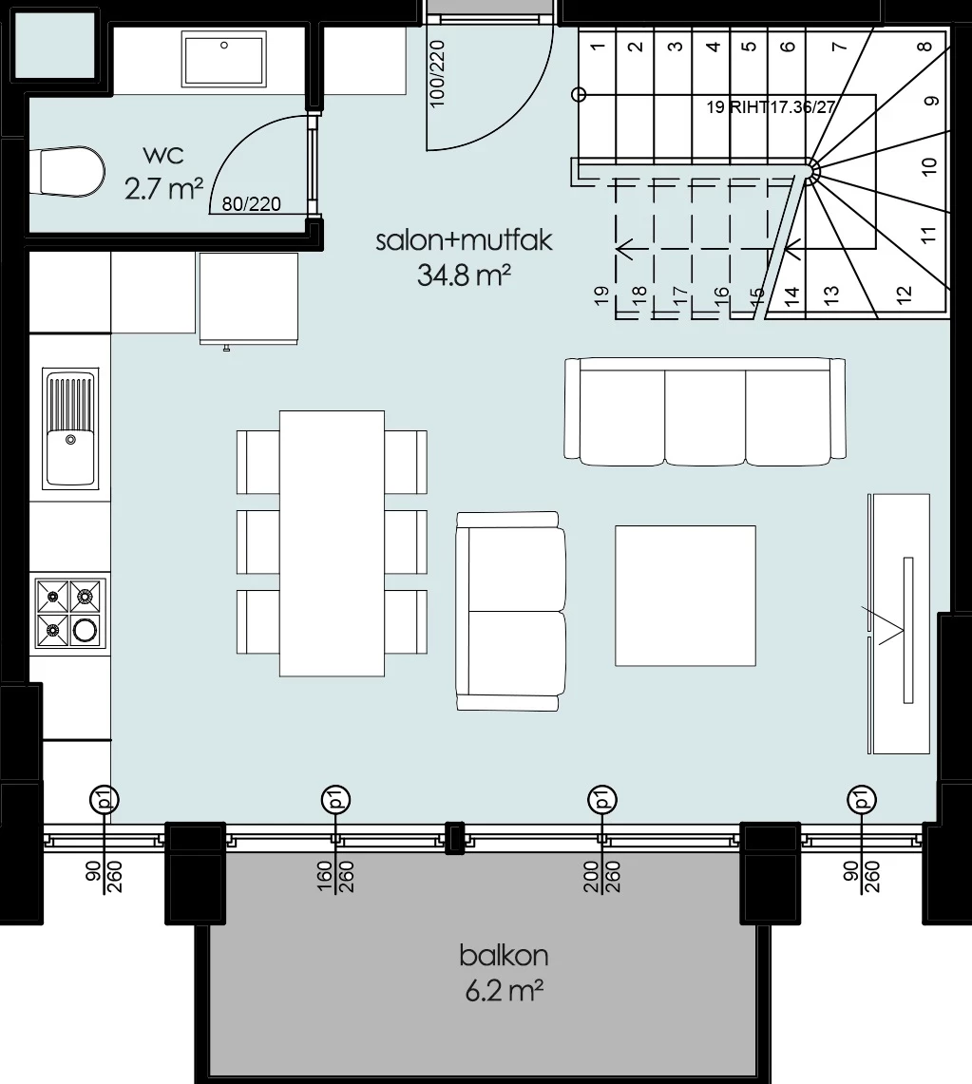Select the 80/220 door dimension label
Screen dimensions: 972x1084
coord(252,204)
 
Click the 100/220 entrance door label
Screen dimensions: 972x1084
coord(437,74)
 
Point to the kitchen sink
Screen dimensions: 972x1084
coord(69,428)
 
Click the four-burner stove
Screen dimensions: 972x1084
coord(69,613)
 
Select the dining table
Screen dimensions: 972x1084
coord(332,543)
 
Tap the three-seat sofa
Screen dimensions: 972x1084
coord(705,412)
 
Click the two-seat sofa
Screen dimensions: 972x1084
coord(511,611)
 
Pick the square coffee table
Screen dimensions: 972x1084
coord(685,596)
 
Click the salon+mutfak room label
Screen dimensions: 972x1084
coord(464,240)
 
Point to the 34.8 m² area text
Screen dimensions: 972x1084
coord(464,276)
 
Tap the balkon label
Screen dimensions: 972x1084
coord(504,956)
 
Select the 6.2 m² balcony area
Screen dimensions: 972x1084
coord(504,991)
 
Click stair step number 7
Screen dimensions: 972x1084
coord(839,47)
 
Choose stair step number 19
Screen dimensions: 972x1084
coord(601,295)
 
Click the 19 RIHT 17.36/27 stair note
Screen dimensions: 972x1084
coord(771,107)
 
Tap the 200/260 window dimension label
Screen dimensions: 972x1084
coord(602,877)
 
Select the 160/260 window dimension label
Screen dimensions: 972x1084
coord(336,877)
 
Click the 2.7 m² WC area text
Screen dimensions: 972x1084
coord(163,189)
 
